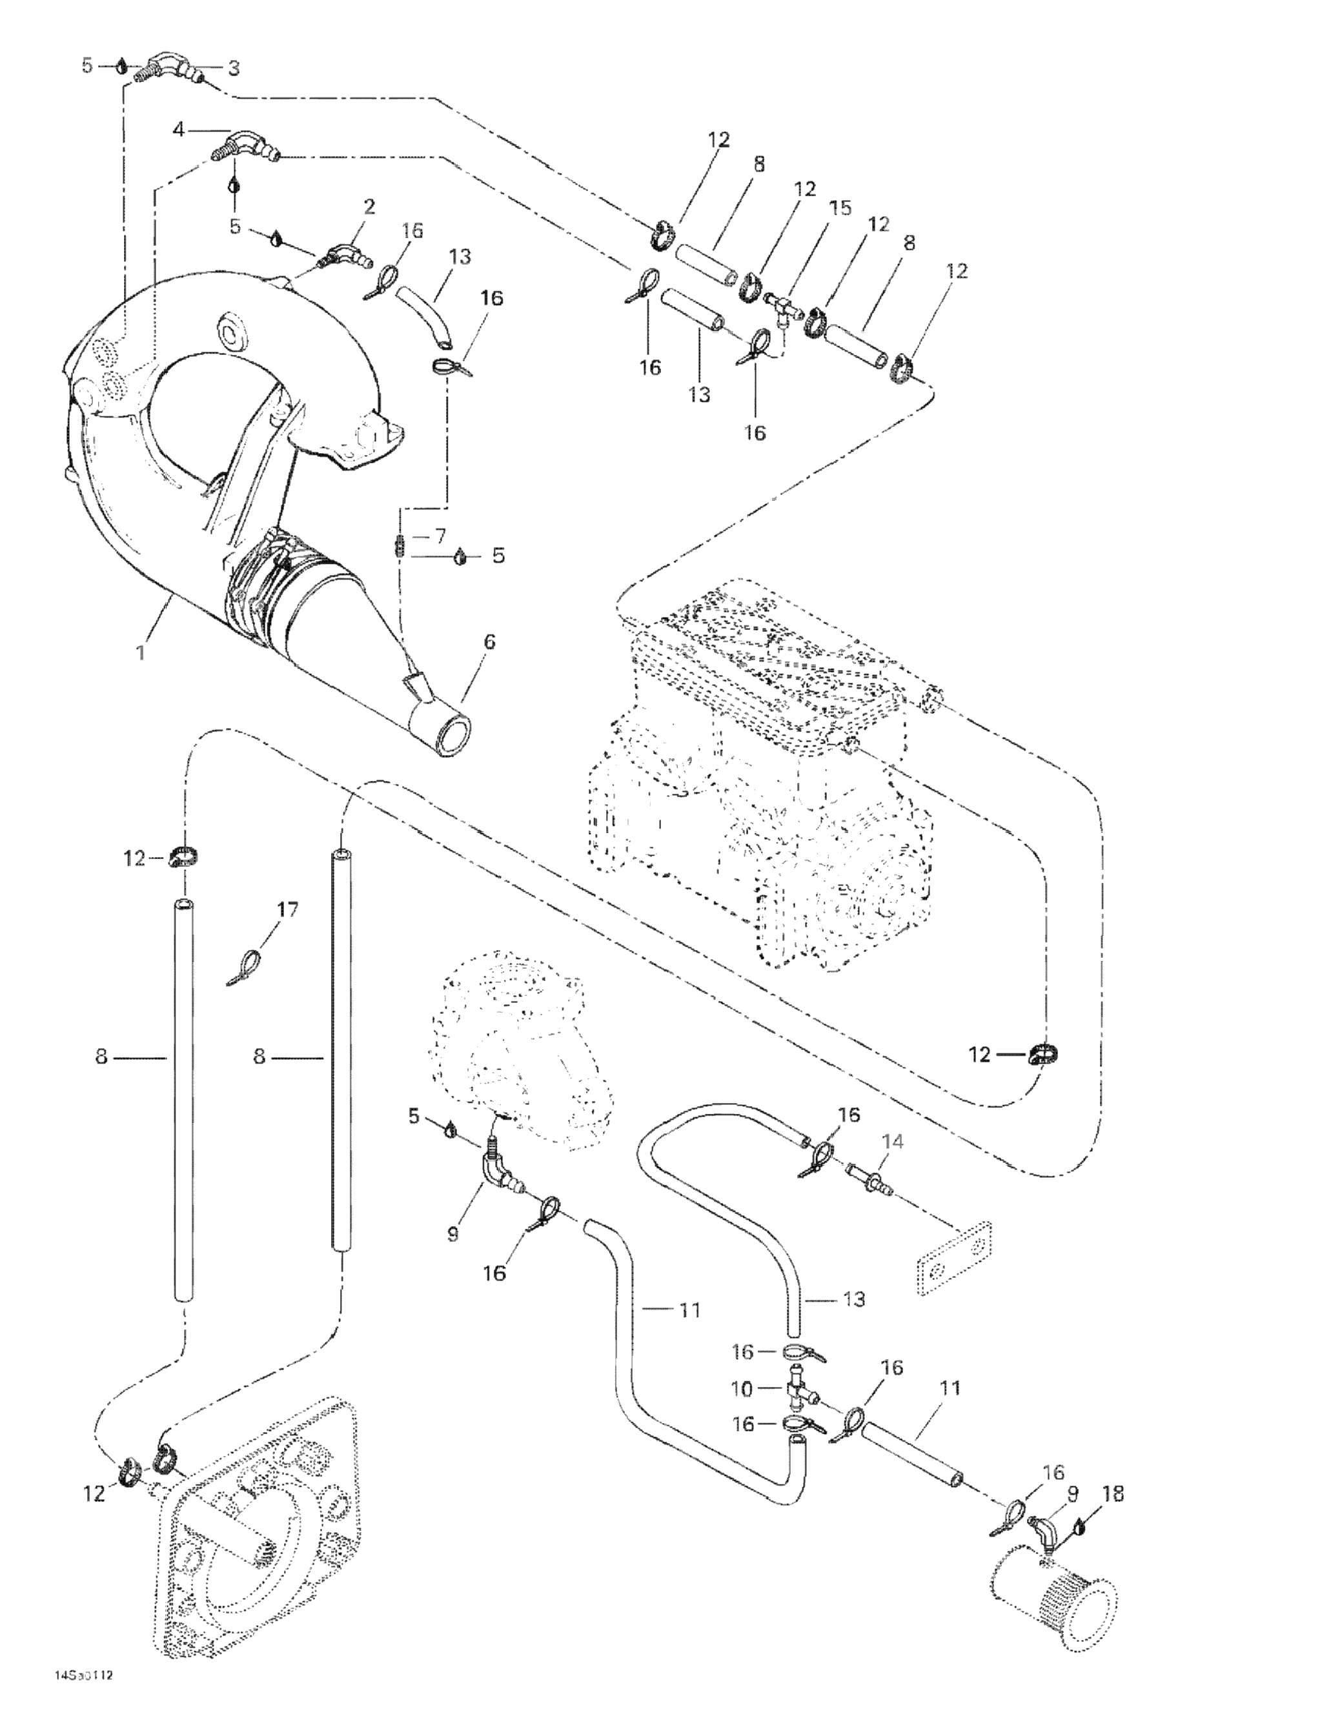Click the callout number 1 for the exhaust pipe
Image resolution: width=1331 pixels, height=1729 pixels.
[x=141, y=653]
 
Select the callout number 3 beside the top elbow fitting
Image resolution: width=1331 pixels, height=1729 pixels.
[x=234, y=68]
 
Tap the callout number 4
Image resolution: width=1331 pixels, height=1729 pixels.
[x=178, y=129]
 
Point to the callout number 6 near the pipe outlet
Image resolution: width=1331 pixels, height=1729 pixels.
[x=489, y=642]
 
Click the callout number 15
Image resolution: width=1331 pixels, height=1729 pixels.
[x=839, y=208]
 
